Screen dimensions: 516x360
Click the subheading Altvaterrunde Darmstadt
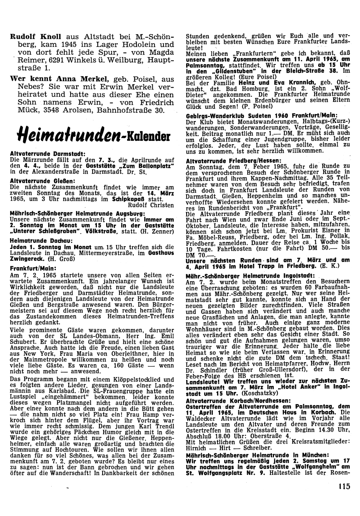[x=48, y=154]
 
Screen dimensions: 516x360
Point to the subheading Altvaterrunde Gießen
[x=43, y=180]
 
